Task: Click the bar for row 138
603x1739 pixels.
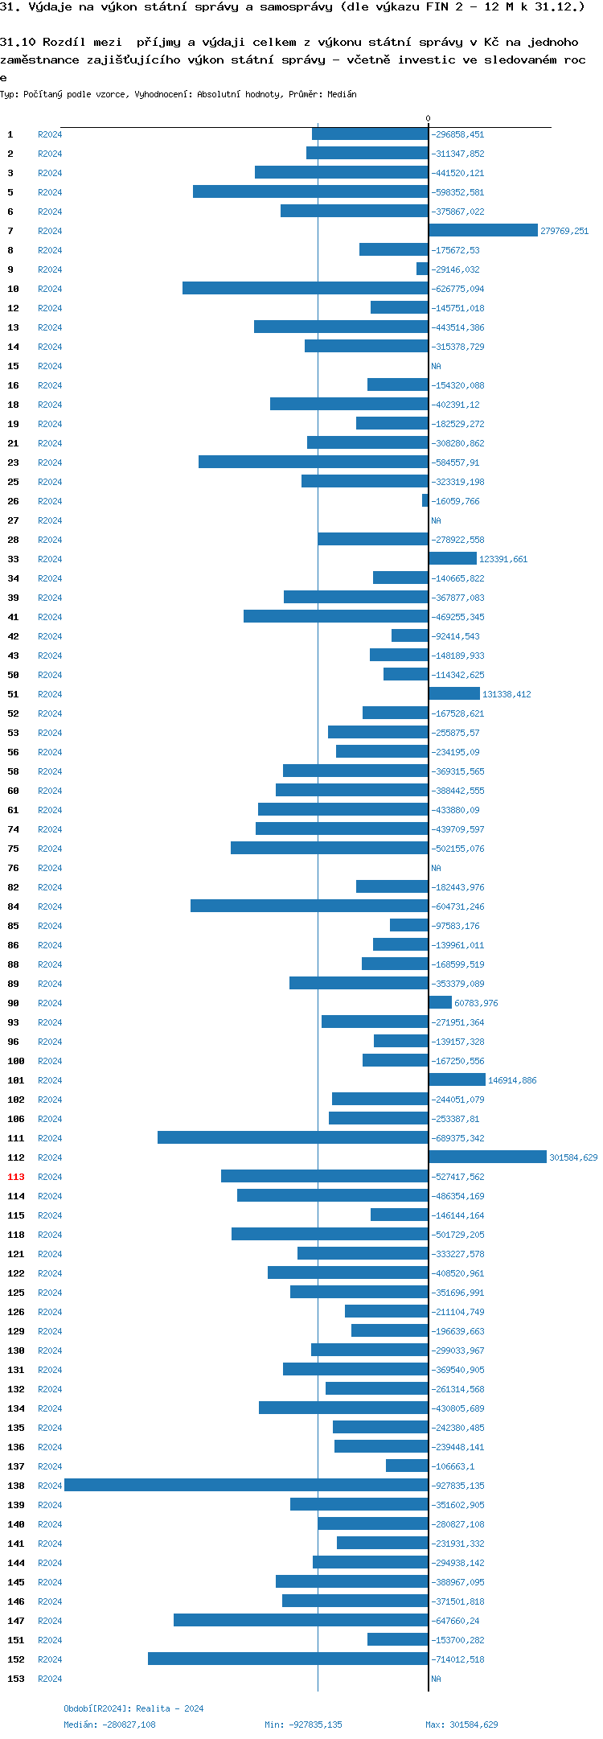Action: (246, 1485)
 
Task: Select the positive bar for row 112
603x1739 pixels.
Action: (487, 1157)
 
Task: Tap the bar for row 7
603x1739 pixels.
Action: (483, 230)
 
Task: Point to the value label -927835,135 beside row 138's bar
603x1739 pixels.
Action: (457, 1486)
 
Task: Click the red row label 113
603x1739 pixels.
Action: (16, 1177)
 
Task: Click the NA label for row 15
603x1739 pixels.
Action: (436, 366)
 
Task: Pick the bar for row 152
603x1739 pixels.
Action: (288, 1659)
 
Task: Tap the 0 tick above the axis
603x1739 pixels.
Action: (428, 119)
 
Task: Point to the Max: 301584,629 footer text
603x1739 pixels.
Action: (461, 1725)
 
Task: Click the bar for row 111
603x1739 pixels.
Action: (293, 1137)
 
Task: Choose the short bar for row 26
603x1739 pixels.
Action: (425, 500)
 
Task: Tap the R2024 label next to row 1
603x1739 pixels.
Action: (50, 134)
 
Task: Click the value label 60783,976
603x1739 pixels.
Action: (476, 1003)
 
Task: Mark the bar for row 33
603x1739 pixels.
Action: (453, 558)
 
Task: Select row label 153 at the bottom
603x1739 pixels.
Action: (16, 1679)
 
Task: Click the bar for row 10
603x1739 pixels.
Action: (306, 288)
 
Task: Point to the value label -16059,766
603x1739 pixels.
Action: (455, 501)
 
